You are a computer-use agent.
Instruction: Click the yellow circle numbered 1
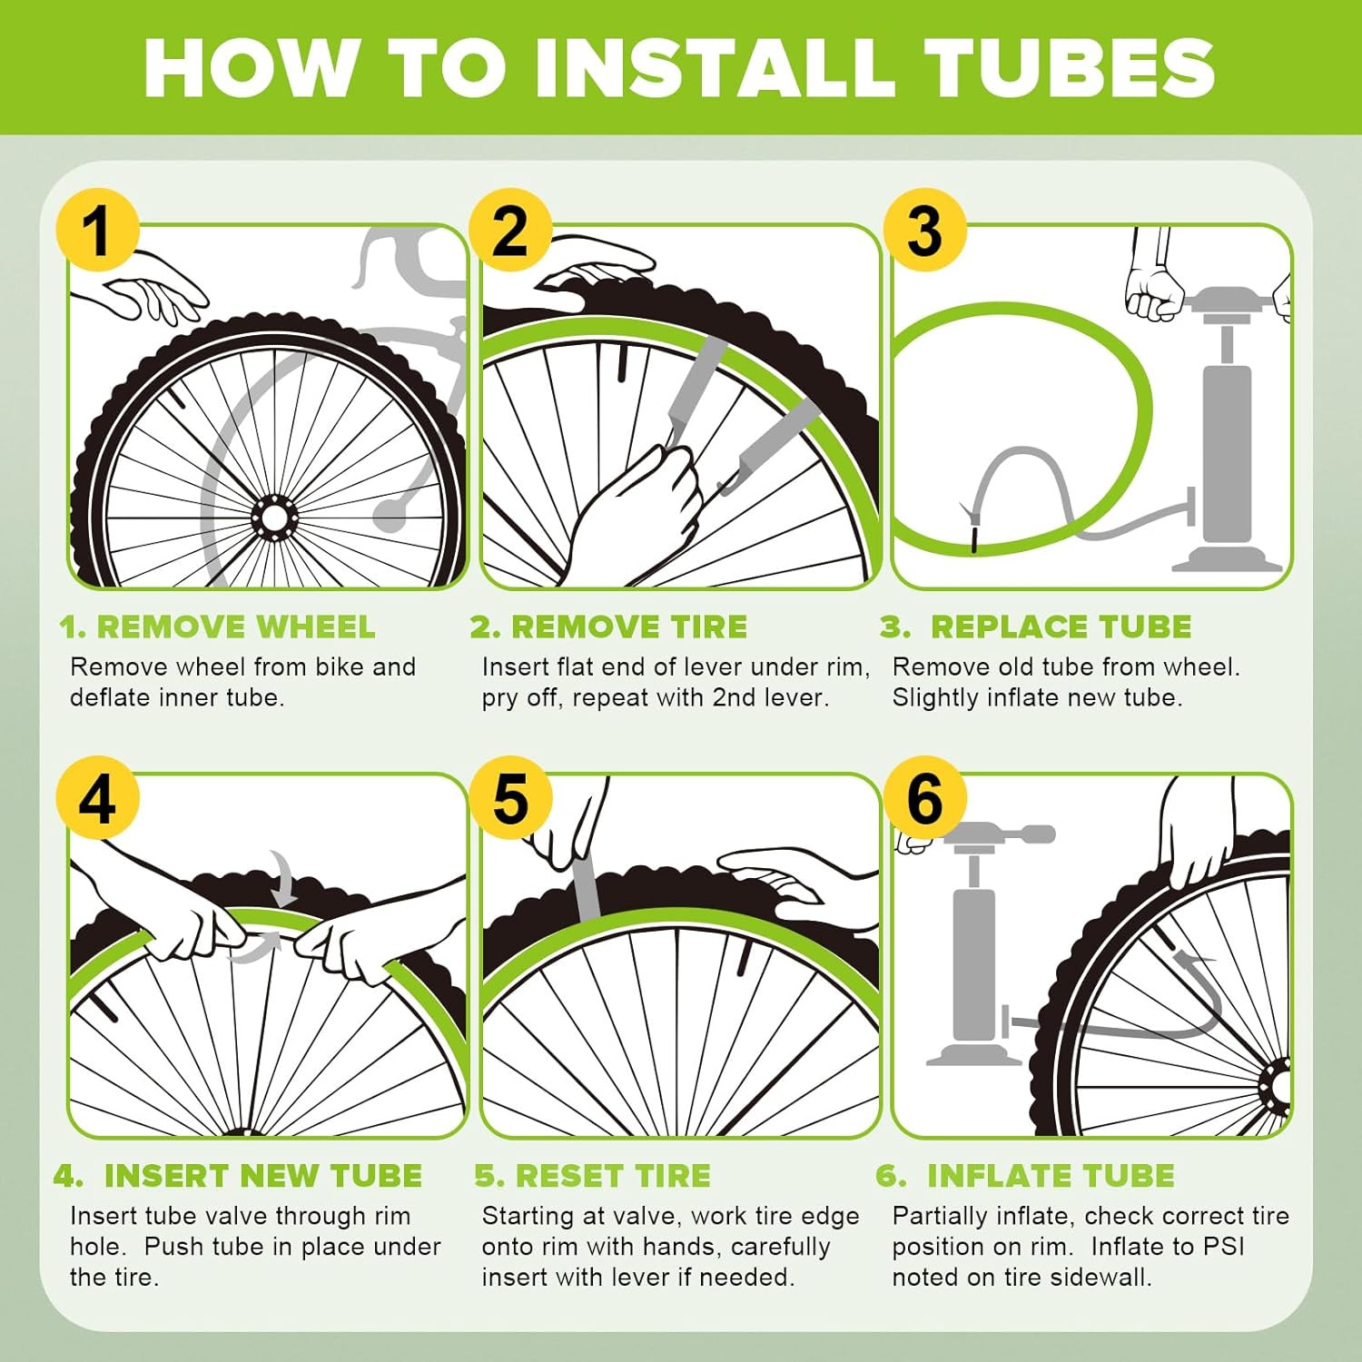pyautogui.click(x=97, y=231)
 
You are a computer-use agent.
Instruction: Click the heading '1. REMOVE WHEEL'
pyautogui.click(x=217, y=627)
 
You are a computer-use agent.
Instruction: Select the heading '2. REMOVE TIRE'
pyautogui.click(x=608, y=627)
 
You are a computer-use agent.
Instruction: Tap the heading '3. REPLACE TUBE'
pyautogui.click(x=1035, y=627)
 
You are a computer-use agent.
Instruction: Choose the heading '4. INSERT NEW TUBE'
pyautogui.click(x=238, y=1176)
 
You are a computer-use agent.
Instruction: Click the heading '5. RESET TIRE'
pyautogui.click(x=592, y=1176)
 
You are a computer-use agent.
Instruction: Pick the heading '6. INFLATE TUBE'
pyautogui.click(x=1025, y=1176)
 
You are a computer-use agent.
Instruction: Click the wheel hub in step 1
pyautogui.click(x=270, y=518)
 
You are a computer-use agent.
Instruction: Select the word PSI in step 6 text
pyautogui.click(x=1224, y=1247)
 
